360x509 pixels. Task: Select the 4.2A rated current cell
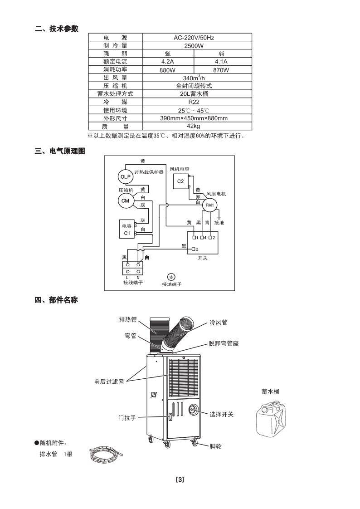click(167, 62)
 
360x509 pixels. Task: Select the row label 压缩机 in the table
click(115, 86)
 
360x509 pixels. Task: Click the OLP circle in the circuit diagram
click(124, 176)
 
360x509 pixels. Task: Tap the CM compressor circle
click(125, 201)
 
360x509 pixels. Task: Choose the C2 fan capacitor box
click(180, 181)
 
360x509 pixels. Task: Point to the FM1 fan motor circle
click(209, 206)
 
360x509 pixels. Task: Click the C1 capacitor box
click(127, 230)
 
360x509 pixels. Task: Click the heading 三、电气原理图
click(60, 151)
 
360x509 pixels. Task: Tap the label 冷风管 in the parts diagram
click(219, 323)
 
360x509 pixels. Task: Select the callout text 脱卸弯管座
click(224, 343)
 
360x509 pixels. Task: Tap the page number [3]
click(180, 480)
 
